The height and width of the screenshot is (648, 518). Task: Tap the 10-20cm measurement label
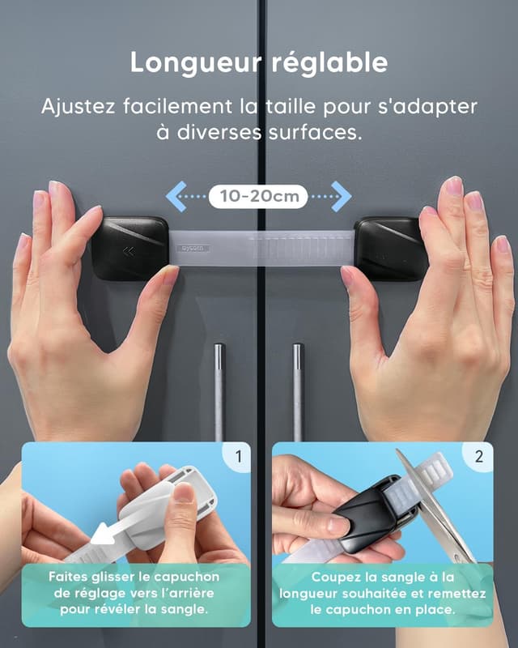[x=258, y=196]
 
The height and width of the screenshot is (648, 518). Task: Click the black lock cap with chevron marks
[x=129, y=247]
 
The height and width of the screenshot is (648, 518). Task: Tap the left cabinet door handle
[x=219, y=389]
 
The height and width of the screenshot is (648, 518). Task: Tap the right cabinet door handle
[x=298, y=389]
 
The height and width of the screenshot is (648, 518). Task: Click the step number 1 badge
[x=238, y=457]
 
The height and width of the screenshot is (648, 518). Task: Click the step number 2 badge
[x=478, y=457]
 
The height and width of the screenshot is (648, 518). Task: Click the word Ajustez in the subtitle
[x=79, y=105]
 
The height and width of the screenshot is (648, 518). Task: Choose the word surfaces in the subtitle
[x=316, y=132]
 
